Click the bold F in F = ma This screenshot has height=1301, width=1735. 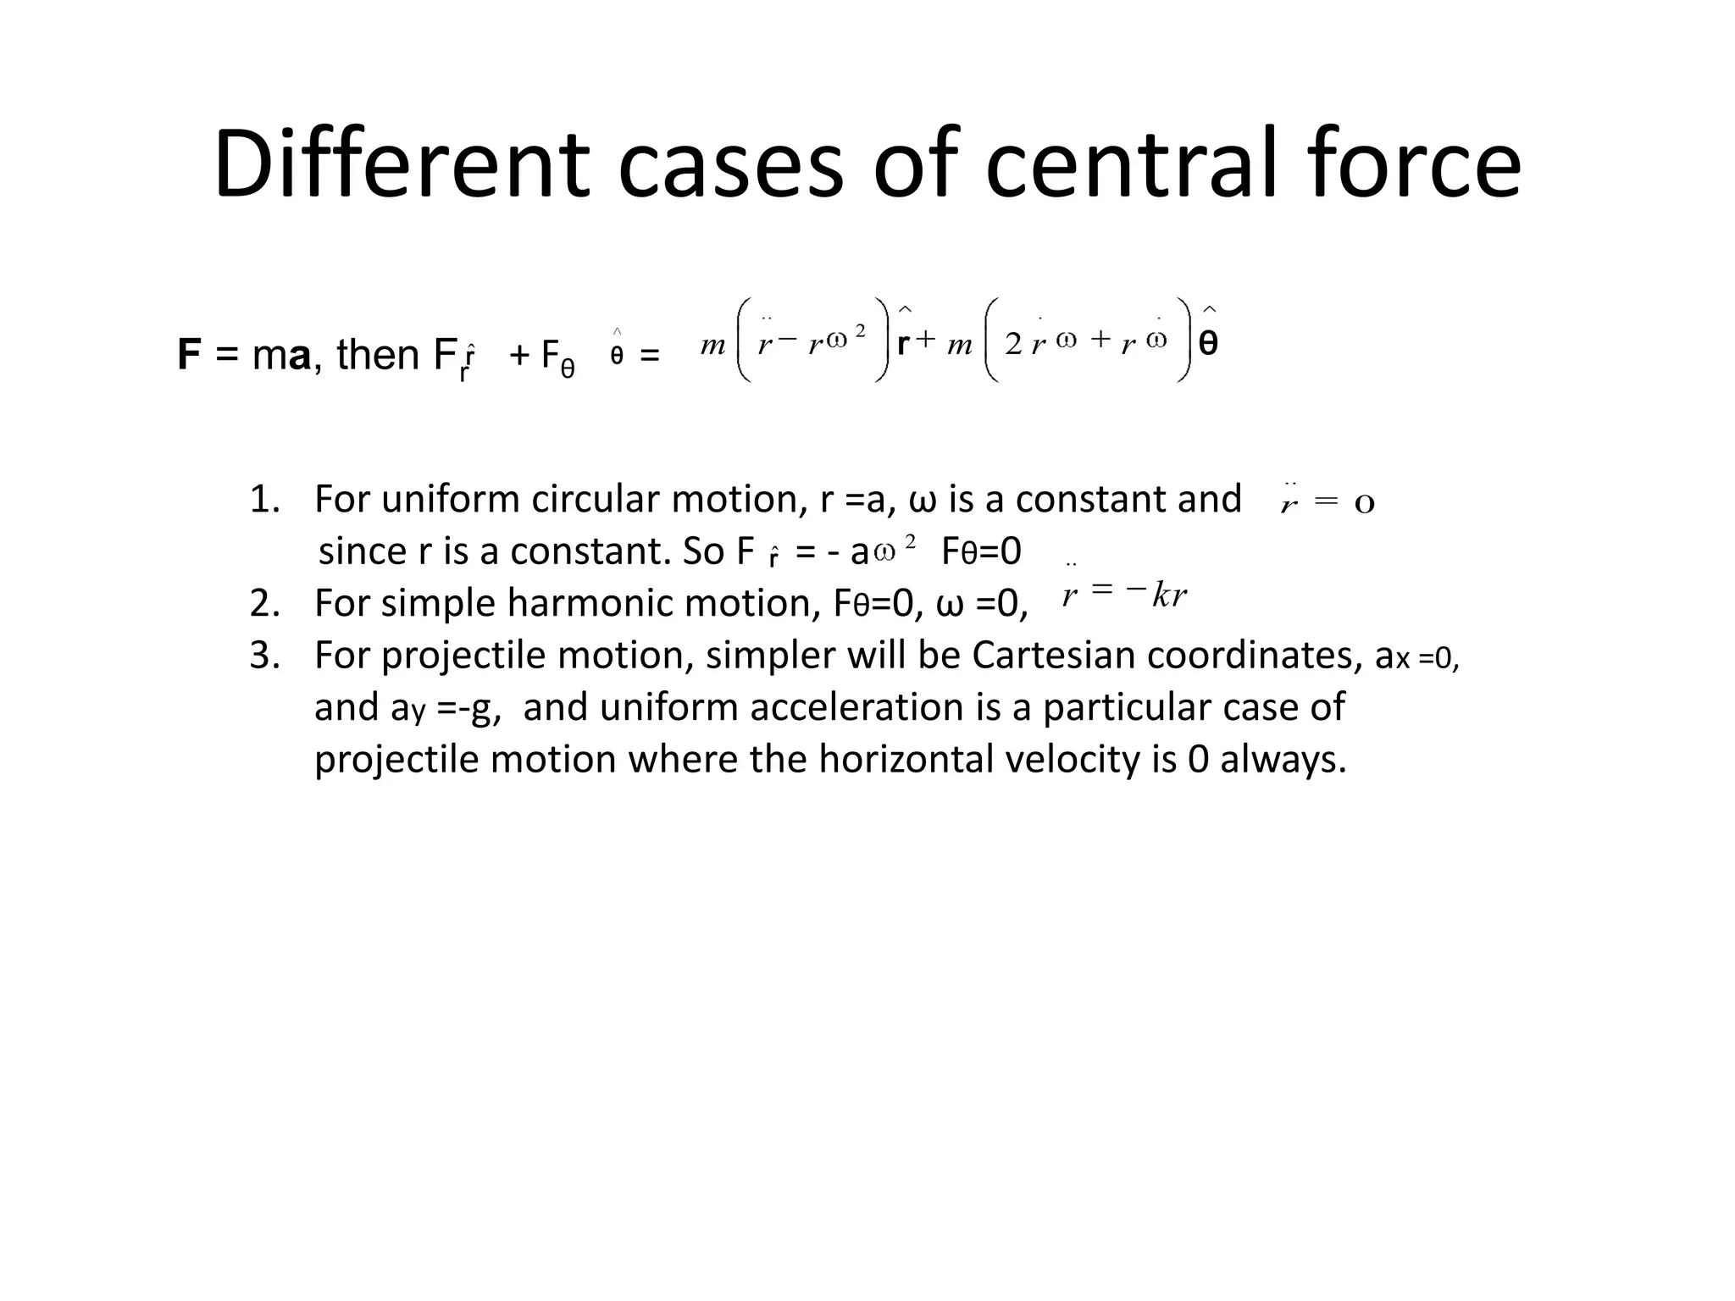click(x=189, y=355)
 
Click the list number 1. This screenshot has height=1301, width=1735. click(x=264, y=500)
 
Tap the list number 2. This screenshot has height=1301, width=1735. click(x=264, y=604)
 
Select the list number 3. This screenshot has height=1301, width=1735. click(x=264, y=656)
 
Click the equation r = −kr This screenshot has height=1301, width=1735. click(x=1125, y=595)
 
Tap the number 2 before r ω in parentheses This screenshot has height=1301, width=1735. click(x=1013, y=344)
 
